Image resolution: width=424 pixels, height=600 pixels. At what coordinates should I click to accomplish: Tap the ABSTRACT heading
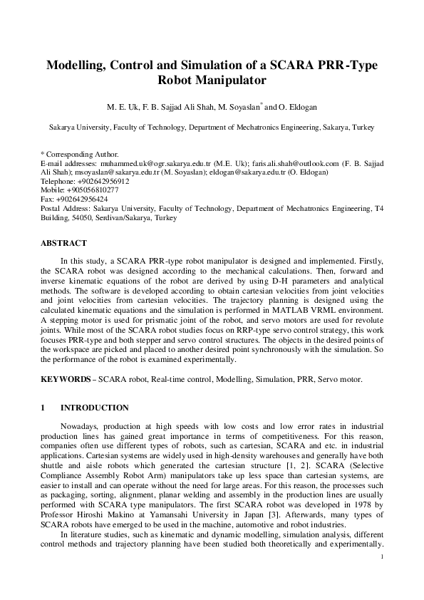point(64,243)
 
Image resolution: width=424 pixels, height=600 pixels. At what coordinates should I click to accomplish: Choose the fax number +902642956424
point(83,200)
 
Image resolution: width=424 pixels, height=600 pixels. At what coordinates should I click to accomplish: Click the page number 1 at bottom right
point(383,557)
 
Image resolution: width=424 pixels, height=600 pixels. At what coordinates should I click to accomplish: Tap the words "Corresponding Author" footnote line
point(82,154)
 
